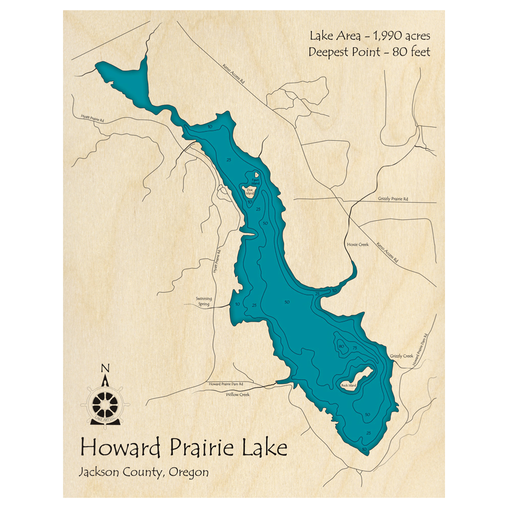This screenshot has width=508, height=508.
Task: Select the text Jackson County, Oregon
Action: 143,472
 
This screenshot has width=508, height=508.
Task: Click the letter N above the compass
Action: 105,368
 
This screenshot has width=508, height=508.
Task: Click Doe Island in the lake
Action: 250,192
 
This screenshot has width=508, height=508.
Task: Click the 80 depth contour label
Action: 341,346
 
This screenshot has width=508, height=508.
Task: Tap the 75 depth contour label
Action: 355,347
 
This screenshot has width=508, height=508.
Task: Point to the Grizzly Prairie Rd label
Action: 393,199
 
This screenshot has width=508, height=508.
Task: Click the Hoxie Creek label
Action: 357,244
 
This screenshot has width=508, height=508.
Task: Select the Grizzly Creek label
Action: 401,356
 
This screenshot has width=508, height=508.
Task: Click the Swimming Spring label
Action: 200,302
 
